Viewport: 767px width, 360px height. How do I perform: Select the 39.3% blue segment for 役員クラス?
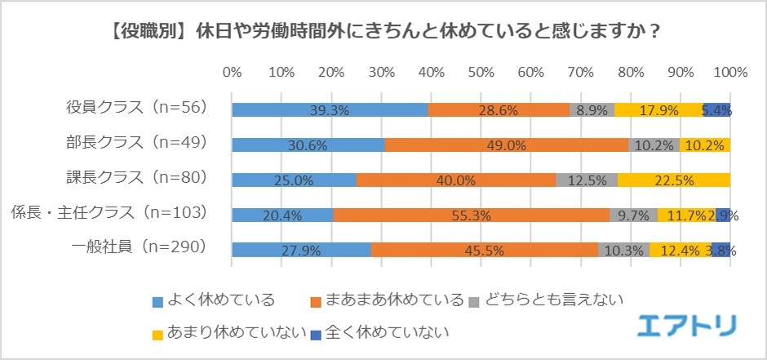pos(330,110)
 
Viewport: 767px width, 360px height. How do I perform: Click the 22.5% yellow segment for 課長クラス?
pos(674,180)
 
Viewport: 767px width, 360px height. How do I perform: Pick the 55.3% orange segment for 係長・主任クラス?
pos(471,215)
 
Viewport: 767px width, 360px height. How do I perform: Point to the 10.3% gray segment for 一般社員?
pos(624,250)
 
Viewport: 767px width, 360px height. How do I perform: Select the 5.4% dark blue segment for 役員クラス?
pos(717,110)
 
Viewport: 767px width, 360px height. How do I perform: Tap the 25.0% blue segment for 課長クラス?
pos(294,180)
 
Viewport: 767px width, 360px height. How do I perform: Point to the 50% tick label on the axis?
pos(481,72)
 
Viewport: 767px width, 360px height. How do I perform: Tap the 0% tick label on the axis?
pos(232,72)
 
